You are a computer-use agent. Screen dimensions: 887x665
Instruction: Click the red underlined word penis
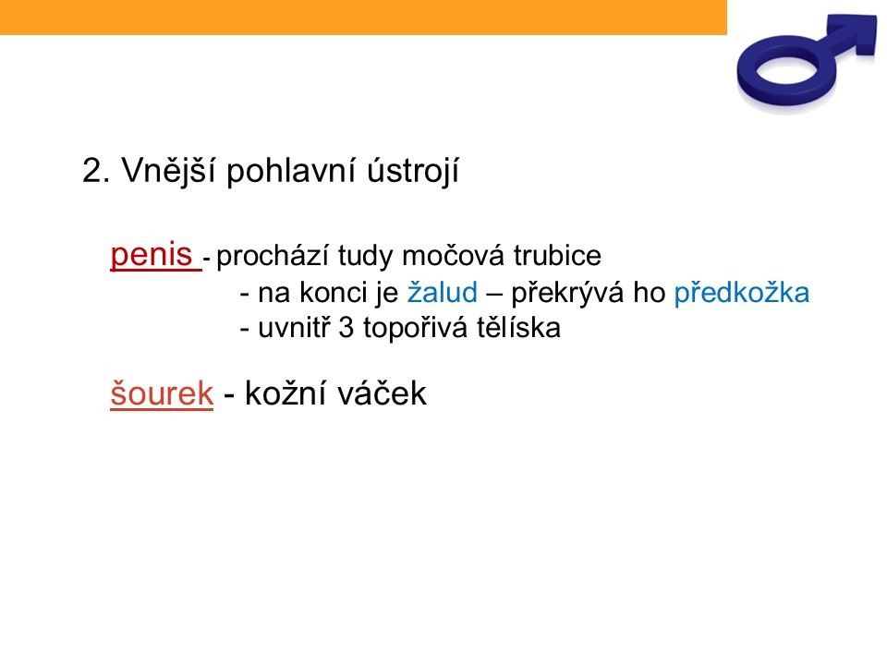(151, 254)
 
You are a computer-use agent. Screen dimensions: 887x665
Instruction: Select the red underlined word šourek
(162, 393)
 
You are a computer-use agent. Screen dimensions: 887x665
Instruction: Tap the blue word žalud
(443, 293)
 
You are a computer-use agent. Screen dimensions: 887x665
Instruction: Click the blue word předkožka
(742, 293)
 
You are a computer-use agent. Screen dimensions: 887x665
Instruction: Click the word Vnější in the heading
(168, 170)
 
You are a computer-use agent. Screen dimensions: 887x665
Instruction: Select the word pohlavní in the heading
(291, 171)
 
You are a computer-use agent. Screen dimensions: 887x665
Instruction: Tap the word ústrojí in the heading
(413, 170)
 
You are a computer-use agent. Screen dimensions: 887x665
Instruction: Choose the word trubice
(557, 255)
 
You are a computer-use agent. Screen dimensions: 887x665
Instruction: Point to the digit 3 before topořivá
(346, 328)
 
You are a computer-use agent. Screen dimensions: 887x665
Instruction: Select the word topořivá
(415, 329)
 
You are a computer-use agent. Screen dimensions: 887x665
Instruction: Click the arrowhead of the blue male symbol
(860, 33)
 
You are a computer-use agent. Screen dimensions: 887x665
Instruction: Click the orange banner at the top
(363, 17)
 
